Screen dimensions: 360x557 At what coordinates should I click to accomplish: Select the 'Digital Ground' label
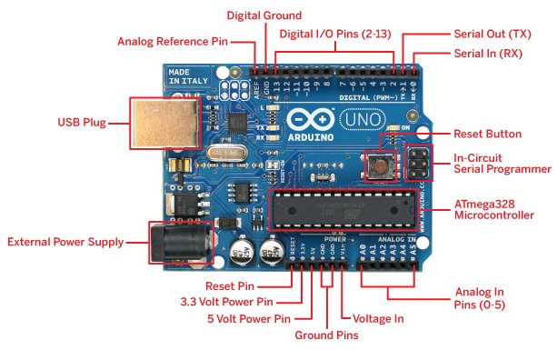pos(264,15)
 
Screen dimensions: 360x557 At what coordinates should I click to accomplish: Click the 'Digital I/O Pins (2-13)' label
pos(337,34)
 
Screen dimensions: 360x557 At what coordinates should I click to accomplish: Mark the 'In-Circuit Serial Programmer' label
pos(502,164)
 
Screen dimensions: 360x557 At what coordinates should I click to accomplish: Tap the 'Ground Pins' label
pos(327,335)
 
